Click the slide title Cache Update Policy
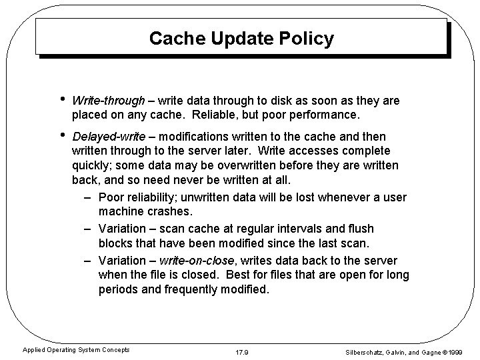[241, 39]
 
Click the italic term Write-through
[108, 101]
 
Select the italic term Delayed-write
[108, 136]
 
